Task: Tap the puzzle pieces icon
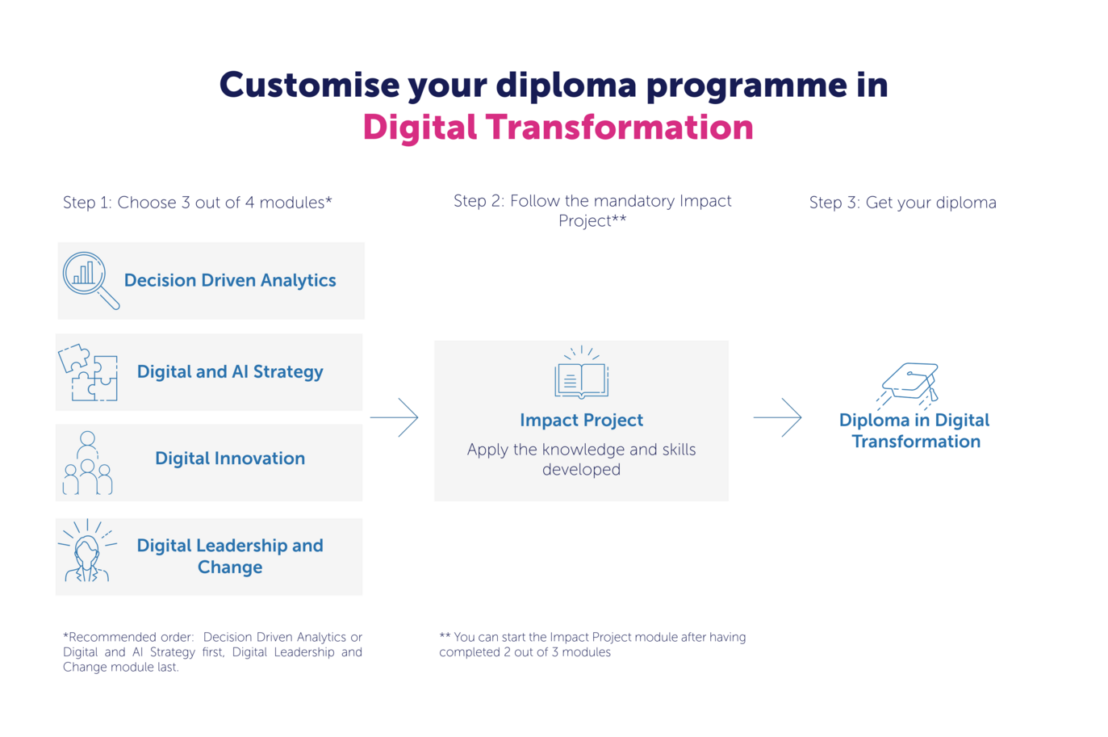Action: coord(88,372)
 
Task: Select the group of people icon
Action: coord(87,463)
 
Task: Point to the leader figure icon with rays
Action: coord(87,550)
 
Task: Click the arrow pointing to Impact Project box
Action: coord(395,417)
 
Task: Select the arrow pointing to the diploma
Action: coord(778,417)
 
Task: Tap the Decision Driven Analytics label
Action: coord(230,280)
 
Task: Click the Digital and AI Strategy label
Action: coord(230,372)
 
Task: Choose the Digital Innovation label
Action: coord(230,458)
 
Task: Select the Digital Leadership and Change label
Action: coord(230,556)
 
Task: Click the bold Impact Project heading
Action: coord(581,420)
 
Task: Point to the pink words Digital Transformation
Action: coord(558,127)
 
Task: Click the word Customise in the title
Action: coord(309,85)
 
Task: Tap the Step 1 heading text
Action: coord(198,203)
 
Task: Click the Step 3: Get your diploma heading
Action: coord(903,203)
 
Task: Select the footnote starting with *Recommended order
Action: coord(213,652)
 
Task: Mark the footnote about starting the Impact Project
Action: coord(592,644)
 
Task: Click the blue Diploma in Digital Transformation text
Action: coord(914,430)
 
